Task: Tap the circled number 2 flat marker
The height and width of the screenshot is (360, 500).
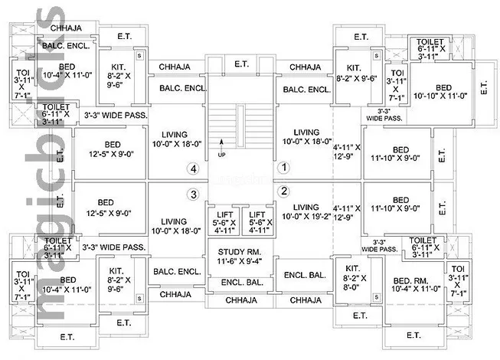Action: click(283, 191)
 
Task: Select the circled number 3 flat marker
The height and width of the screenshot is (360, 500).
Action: click(194, 194)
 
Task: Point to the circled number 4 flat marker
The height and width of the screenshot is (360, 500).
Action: click(194, 169)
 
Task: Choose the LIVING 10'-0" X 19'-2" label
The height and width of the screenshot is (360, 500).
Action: click(306, 212)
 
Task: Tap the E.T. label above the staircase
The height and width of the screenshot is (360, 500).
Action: click(242, 64)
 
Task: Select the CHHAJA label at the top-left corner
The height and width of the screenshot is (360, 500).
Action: click(67, 28)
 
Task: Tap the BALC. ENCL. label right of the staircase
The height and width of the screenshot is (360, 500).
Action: click(306, 90)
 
